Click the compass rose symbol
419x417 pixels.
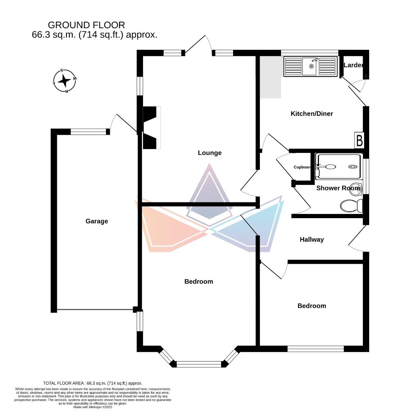pyautogui.click(x=65, y=81)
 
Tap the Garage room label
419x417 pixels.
pyautogui.click(x=97, y=221)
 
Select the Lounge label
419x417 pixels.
pyautogui.click(x=209, y=153)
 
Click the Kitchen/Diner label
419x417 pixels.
pyautogui.click(x=312, y=114)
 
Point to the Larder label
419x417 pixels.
pyautogui.click(x=353, y=65)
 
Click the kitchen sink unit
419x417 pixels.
pyautogui.click(x=310, y=66)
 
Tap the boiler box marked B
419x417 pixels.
pyautogui.click(x=359, y=140)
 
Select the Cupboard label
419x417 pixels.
pyautogui.click(x=302, y=167)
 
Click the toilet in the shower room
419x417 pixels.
pyautogui.click(x=351, y=205)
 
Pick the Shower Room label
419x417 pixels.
pyautogui.click(x=338, y=188)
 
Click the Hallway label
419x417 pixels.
pyautogui.click(x=312, y=239)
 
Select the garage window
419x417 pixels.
pyautogui.click(x=89, y=132)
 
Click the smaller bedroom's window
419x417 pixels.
pyautogui.click(x=315, y=349)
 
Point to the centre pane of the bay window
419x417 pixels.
pyautogui.click(x=199, y=364)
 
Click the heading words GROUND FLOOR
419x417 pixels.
pyautogui.click(x=86, y=25)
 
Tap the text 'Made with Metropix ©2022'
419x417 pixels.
pyautogui.click(x=93, y=407)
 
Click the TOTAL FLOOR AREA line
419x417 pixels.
pyautogui.click(x=93, y=383)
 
